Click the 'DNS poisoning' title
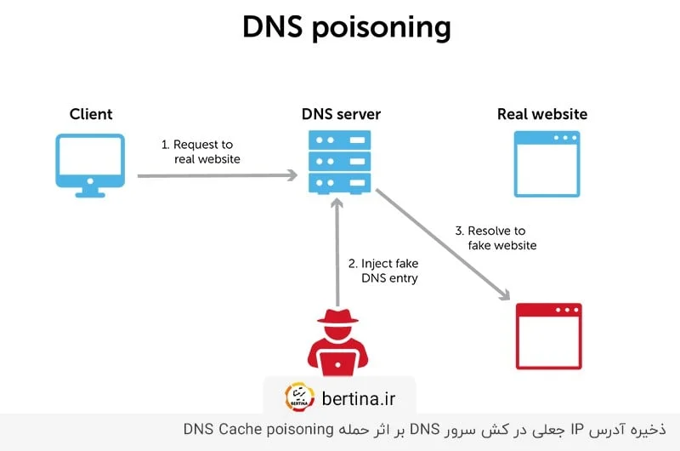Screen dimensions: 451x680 pos(346,27)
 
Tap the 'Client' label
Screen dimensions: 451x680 pos(91,114)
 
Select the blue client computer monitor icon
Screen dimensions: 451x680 pos(90,162)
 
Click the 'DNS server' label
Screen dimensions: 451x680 pos(341,114)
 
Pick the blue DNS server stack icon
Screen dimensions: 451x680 pos(340,160)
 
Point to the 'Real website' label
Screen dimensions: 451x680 pos(541,114)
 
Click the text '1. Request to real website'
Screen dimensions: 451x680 pos(201,151)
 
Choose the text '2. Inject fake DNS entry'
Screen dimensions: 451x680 pos(383,271)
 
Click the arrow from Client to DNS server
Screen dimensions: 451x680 pos(217,175)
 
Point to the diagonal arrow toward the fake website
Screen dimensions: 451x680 pos(442,246)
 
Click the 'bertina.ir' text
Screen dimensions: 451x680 pos(358,397)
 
